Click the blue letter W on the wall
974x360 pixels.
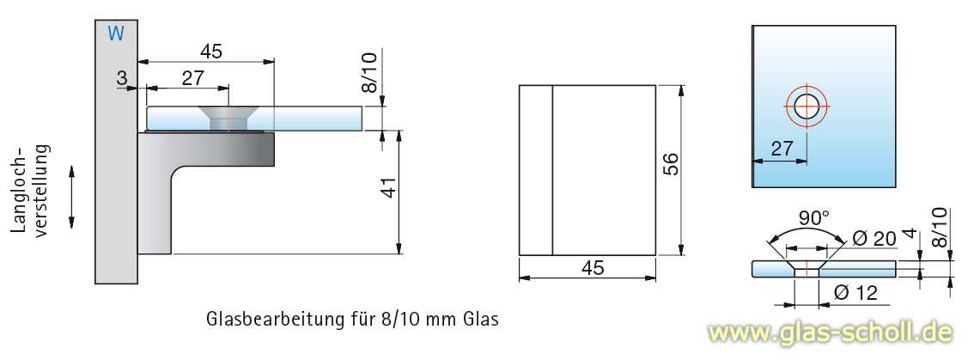pyautogui.click(x=117, y=34)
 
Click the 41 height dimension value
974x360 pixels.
pyautogui.click(x=388, y=187)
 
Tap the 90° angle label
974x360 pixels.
pyautogui.click(x=809, y=219)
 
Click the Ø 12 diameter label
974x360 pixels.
pyautogui.click(x=855, y=293)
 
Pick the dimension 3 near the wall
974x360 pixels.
pyautogui.click(x=121, y=78)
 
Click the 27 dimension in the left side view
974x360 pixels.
pyautogui.click(x=192, y=78)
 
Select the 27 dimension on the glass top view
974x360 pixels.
pyautogui.click(x=782, y=149)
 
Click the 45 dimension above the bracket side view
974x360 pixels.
pyautogui.click(x=211, y=52)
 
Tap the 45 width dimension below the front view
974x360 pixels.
pyautogui.click(x=593, y=267)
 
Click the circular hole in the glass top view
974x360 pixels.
pyautogui.click(x=807, y=107)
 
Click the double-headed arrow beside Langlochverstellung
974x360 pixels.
pyautogui.click(x=72, y=197)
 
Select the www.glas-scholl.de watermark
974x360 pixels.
pyautogui.click(x=829, y=332)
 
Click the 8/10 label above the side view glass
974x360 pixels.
pyautogui.click(x=369, y=73)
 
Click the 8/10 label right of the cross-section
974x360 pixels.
pyautogui.click(x=940, y=228)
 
